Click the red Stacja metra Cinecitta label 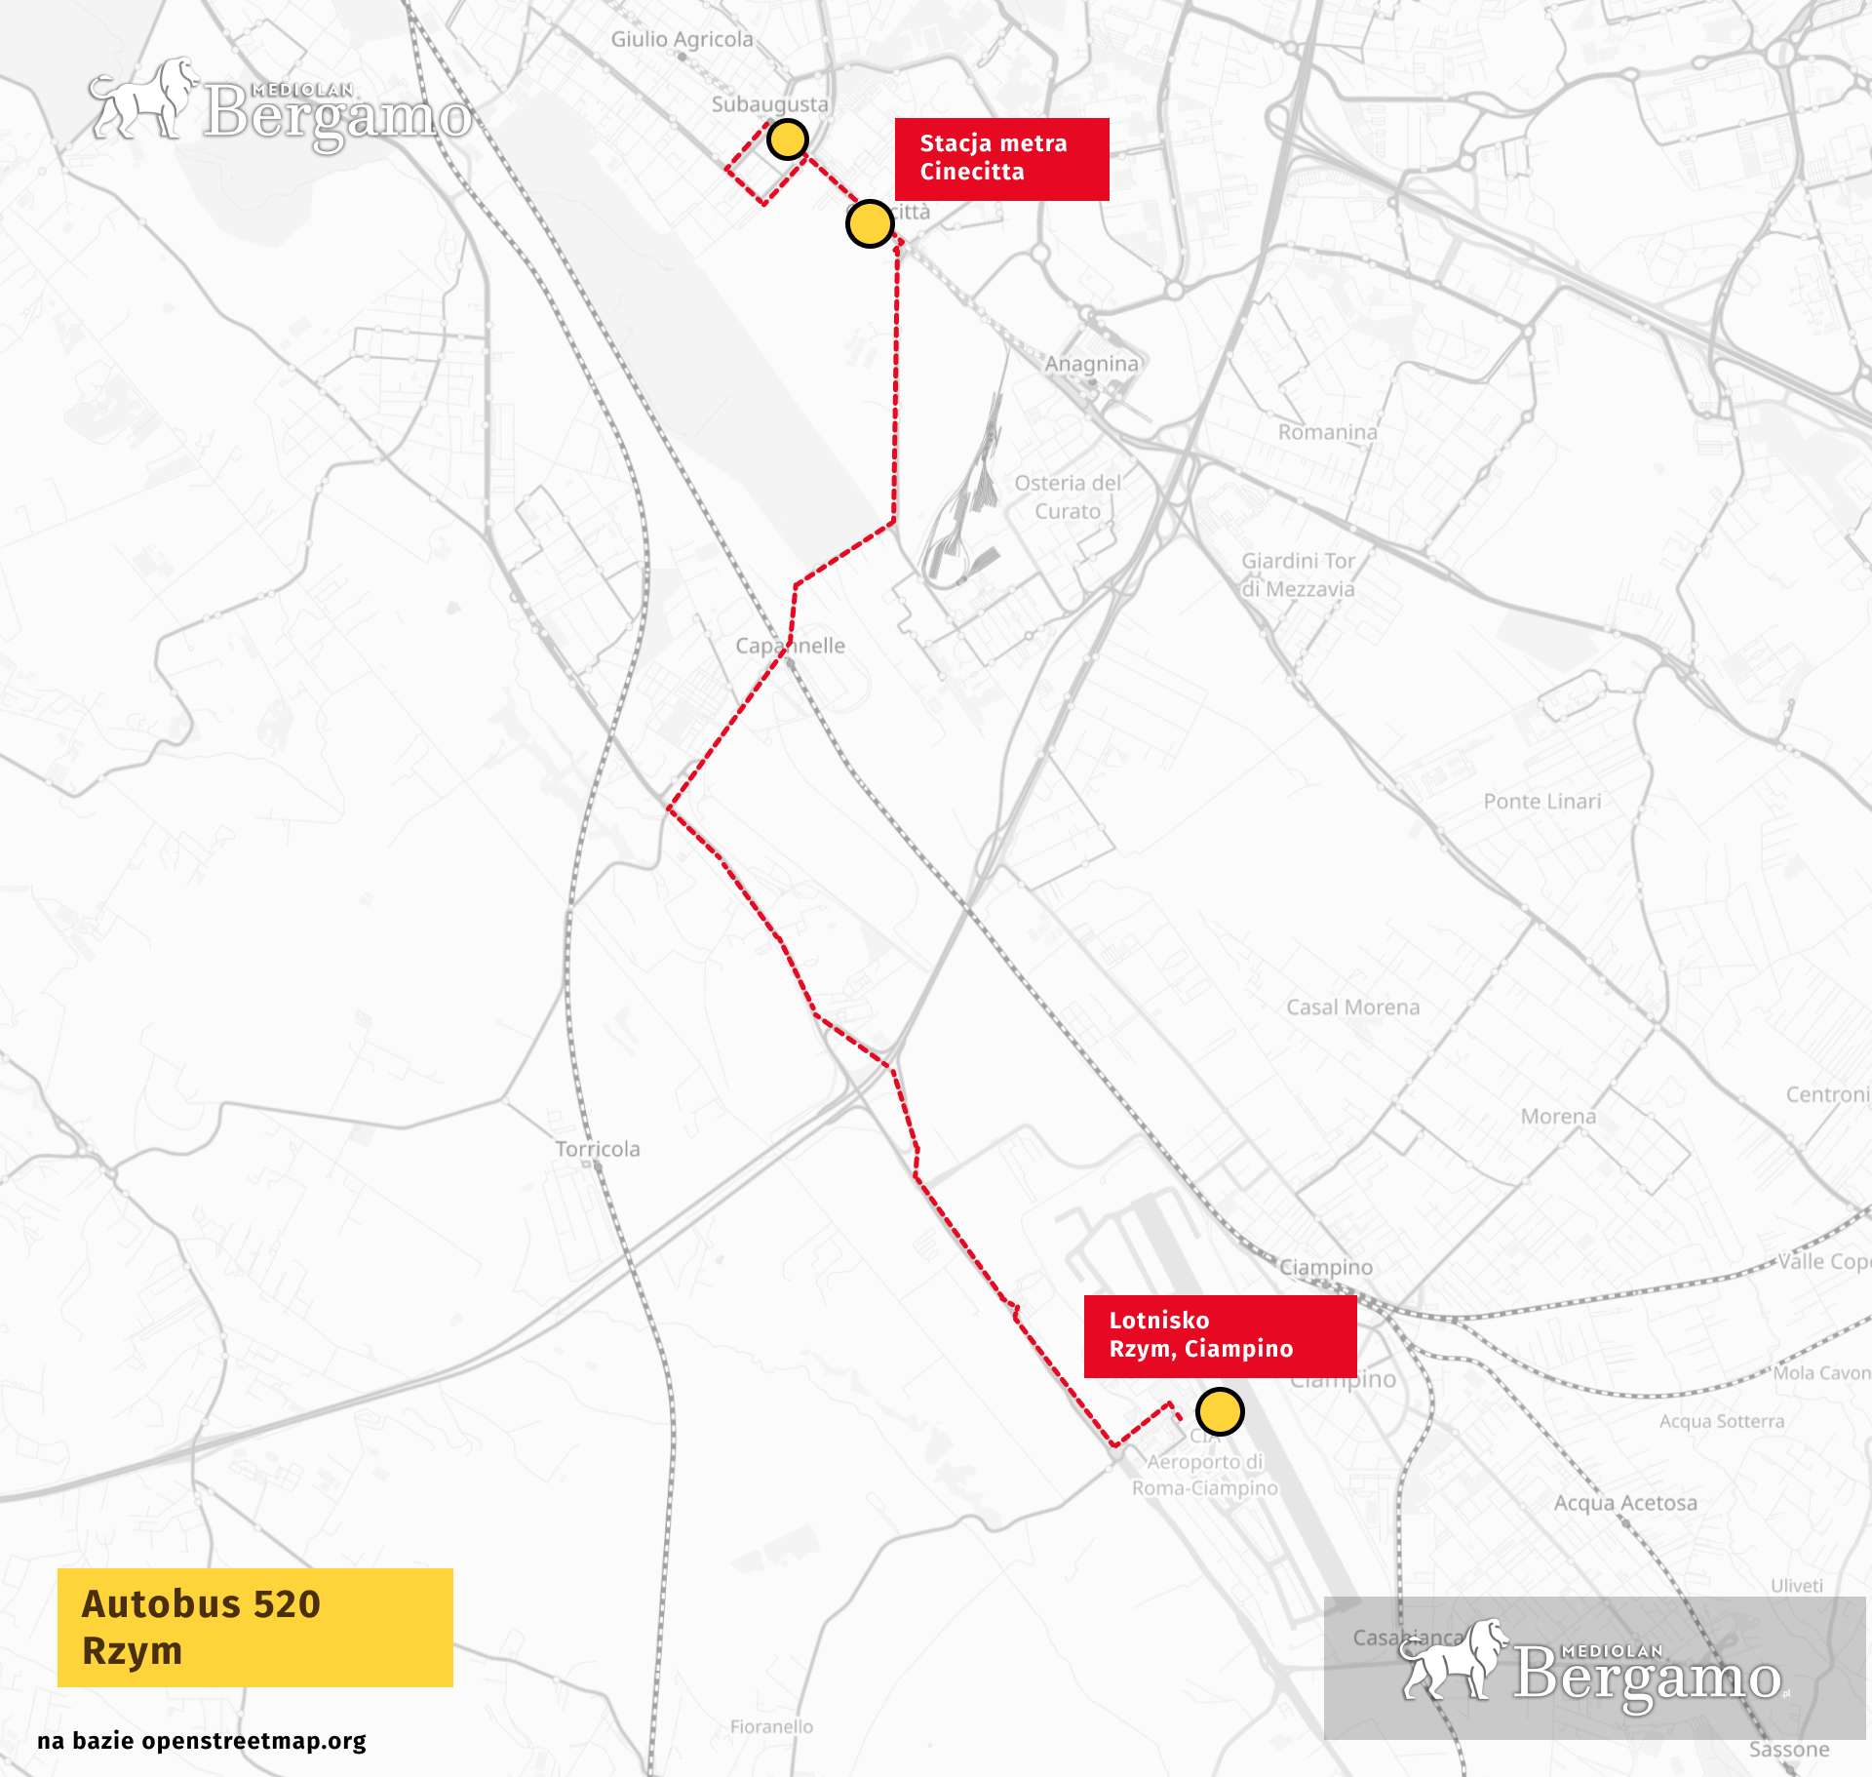coord(1001,159)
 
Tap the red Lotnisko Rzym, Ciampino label coord(1219,1335)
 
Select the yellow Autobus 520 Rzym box coord(254,1627)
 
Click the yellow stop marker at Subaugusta coord(787,139)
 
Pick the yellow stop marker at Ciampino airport coord(1219,1411)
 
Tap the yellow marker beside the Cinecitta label coord(869,224)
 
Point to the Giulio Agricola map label coord(682,39)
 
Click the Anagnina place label coord(1091,364)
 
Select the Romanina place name coord(1327,431)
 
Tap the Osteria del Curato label coord(1068,496)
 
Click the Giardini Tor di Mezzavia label coord(1298,574)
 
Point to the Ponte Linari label coord(1541,801)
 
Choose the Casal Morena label coord(1352,1007)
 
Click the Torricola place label coord(598,1148)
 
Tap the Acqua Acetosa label coord(1624,1503)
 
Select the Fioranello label coord(771,1726)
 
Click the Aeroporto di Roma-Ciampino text coord(1205,1475)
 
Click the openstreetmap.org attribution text coord(201,1741)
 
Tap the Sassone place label coord(1788,1749)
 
